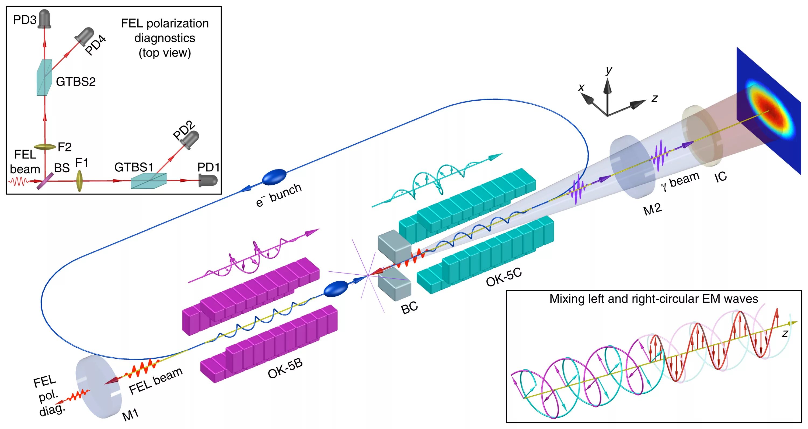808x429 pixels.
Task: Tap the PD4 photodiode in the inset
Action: point(84,35)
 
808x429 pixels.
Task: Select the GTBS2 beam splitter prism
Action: point(44,78)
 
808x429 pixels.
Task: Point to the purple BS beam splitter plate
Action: point(44,182)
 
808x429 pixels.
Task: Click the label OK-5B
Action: point(285,368)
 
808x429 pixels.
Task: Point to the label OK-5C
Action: point(504,277)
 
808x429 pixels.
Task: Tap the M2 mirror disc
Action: point(632,167)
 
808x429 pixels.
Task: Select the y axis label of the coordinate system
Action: point(609,70)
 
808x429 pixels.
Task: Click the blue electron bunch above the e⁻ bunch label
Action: point(274,177)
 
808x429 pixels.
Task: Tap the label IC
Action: point(720,177)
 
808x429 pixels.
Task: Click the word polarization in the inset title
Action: point(177,23)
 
